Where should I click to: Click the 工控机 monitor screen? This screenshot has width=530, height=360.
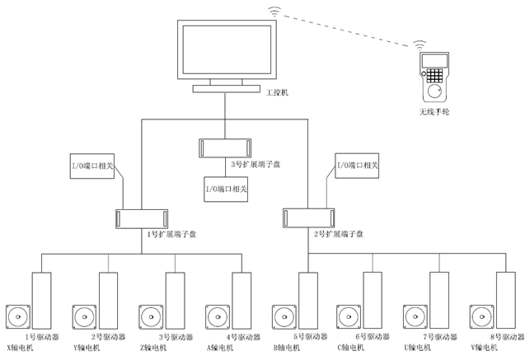click(224, 52)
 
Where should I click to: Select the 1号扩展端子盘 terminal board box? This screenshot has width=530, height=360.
click(142, 217)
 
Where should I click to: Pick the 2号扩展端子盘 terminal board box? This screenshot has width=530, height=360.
click(308, 217)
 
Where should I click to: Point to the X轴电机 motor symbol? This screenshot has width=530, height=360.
click(18, 317)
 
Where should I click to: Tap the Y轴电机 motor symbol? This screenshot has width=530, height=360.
click(84, 317)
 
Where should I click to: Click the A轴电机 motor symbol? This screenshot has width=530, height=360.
click(217, 317)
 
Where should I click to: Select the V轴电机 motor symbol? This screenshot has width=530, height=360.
click(481, 317)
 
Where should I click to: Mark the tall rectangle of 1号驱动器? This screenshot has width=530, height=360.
click(42, 300)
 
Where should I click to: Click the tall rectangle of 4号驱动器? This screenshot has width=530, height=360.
click(242, 300)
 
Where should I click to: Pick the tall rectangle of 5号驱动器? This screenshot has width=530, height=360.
click(308, 300)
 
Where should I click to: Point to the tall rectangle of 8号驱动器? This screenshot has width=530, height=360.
click(505, 300)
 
